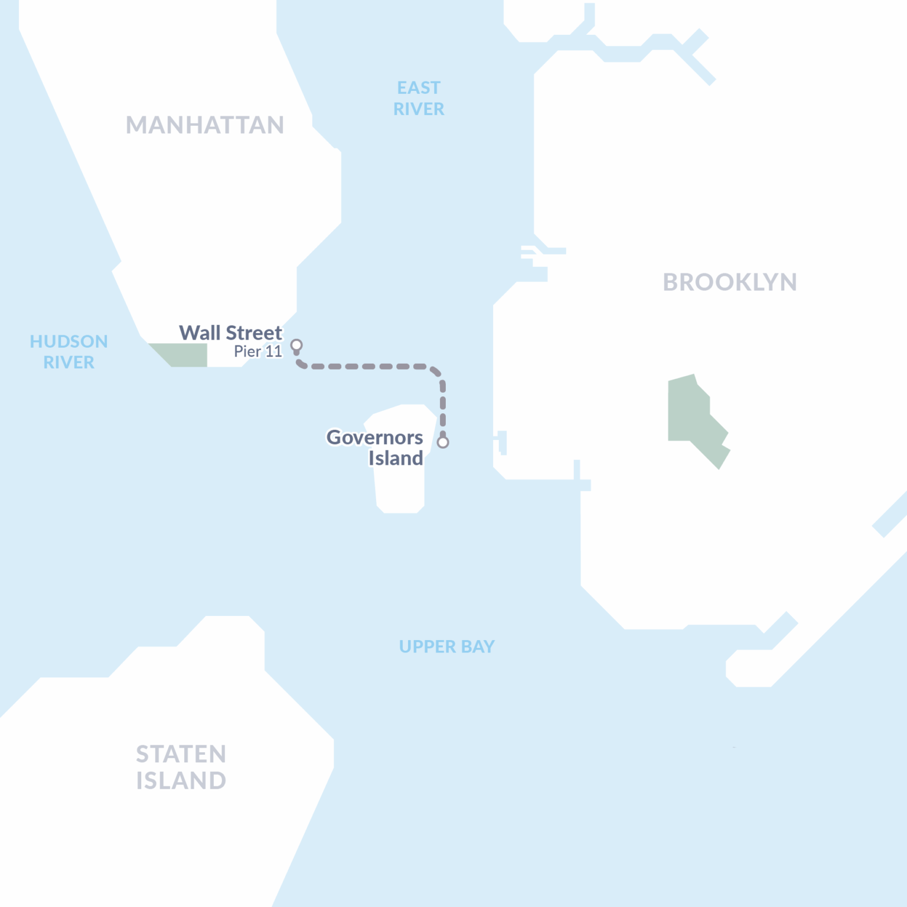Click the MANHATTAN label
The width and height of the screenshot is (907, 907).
click(205, 125)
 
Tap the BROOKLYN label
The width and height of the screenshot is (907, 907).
click(730, 282)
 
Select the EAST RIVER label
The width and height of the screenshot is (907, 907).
click(419, 99)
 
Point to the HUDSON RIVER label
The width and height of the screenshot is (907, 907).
click(68, 352)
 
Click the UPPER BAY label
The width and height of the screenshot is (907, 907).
click(446, 647)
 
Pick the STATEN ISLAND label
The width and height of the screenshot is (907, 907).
click(181, 767)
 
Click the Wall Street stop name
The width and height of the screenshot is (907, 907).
click(231, 333)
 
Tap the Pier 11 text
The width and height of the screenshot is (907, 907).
click(258, 352)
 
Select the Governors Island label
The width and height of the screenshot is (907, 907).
click(375, 448)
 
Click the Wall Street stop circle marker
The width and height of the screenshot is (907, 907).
click(296, 345)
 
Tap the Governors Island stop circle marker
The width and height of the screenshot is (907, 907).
click(443, 442)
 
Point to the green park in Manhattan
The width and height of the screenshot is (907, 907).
click(183, 354)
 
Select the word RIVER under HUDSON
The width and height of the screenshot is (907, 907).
click(68, 363)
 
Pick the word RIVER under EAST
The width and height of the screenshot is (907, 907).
click(419, 109)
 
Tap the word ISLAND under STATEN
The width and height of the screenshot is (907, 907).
click(181, 781)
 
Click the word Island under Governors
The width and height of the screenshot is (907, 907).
click(396, 458)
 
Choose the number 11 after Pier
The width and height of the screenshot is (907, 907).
click(274, 352)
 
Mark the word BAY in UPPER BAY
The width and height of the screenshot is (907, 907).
click(478, 647)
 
